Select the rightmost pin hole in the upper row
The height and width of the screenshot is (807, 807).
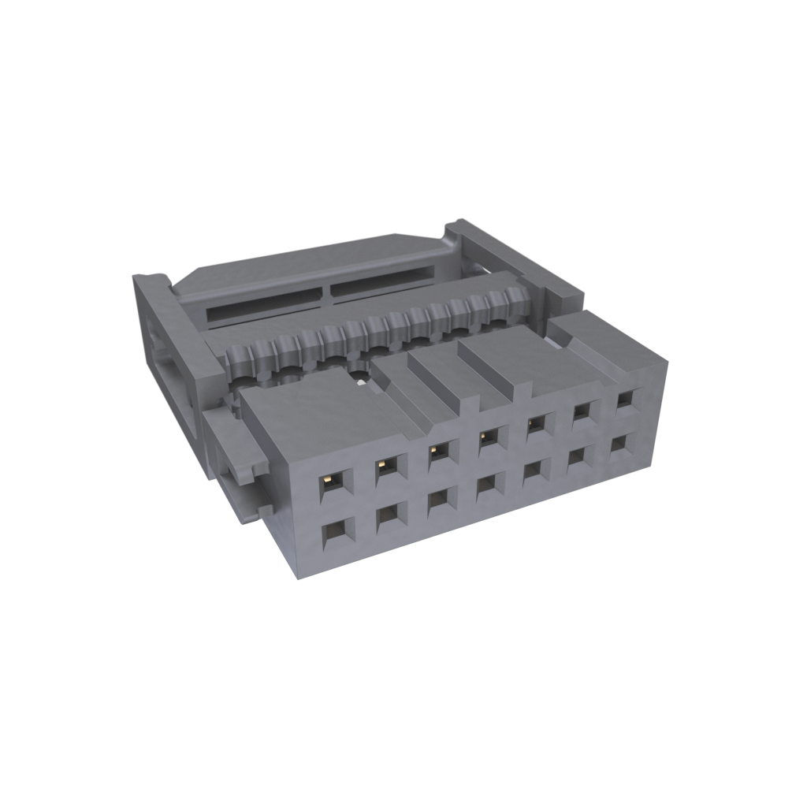coord(624,399)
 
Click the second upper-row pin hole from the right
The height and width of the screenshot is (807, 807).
coord(582,410)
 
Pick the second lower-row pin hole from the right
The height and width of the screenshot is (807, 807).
coord(579,456)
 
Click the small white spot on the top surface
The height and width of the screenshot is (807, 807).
coord(359,384)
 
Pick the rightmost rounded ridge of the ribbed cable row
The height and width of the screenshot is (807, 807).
coord(516,299)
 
